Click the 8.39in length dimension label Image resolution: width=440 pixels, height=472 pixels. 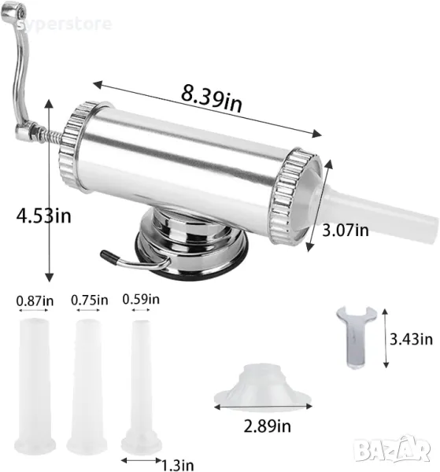[211, 98]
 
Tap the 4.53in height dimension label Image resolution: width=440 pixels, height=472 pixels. [44, 216]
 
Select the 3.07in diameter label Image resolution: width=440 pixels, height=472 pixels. [346, 230]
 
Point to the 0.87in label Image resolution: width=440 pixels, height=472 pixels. [35, 301]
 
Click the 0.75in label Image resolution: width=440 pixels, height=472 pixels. [90, 301]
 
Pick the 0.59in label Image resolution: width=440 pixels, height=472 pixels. [141, 299]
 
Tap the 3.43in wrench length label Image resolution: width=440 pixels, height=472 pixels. [411, 339]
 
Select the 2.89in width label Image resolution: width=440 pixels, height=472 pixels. [267, 426]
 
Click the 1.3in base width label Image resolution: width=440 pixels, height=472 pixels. [178, 465]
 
